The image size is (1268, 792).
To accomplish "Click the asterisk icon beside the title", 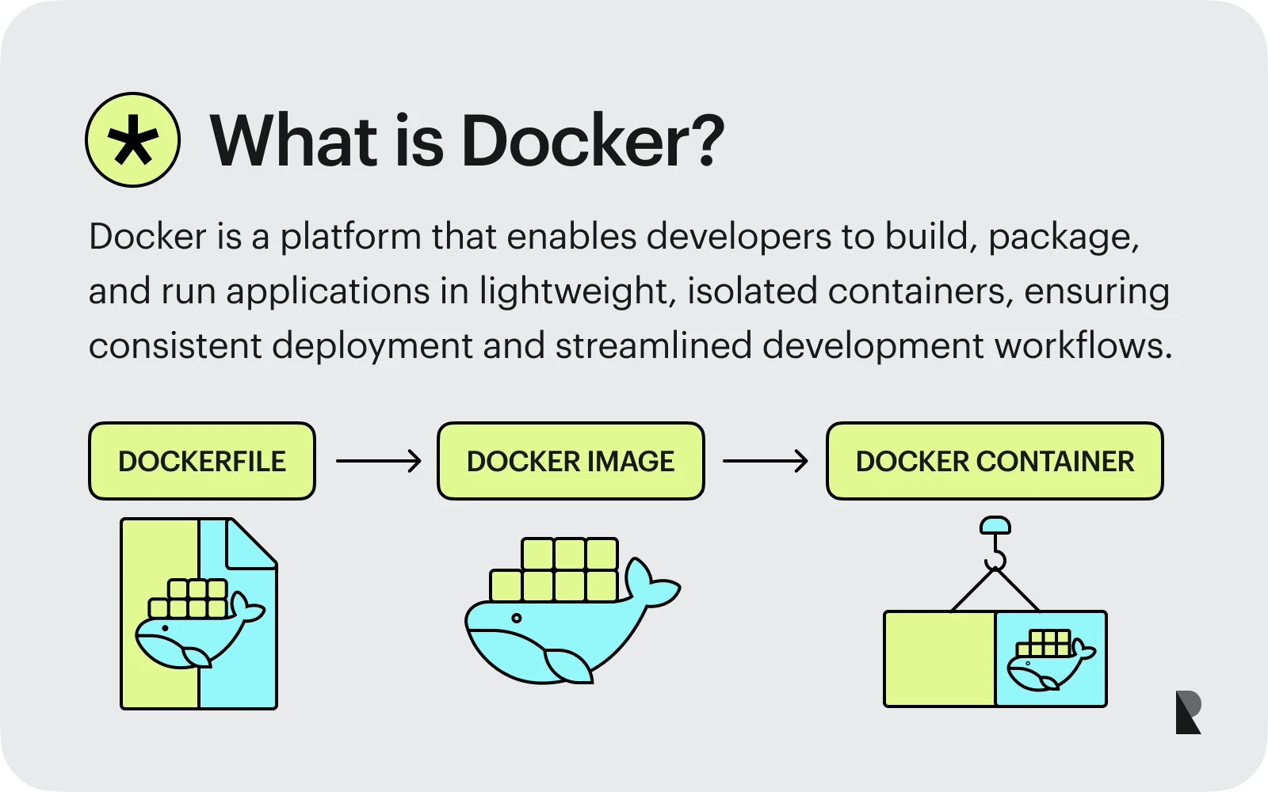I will pos(132,140).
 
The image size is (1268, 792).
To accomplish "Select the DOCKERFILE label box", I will pos(202,461).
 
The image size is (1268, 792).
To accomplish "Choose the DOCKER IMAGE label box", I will pos(571,461).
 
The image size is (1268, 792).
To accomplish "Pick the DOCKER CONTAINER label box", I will pos(995,461).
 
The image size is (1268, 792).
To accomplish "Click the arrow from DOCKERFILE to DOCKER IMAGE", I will pos(378,461).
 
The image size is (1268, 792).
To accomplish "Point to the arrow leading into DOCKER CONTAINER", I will pos(765,461).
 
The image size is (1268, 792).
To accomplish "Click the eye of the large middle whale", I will pos(517,619).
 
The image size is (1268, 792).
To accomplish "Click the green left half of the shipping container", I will pos(940,659).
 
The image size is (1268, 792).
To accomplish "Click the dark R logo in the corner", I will pos(1188,712).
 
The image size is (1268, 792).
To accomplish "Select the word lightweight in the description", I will pos(574,291).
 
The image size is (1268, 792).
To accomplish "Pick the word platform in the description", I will pos(350,237).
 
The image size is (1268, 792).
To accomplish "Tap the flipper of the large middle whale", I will pos(567,665).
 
